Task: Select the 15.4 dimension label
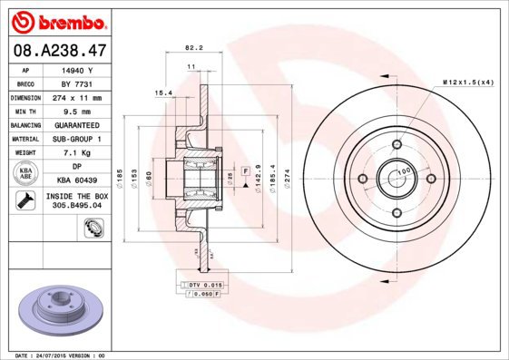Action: (163, 92)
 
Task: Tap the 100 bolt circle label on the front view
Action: (405, 170)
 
